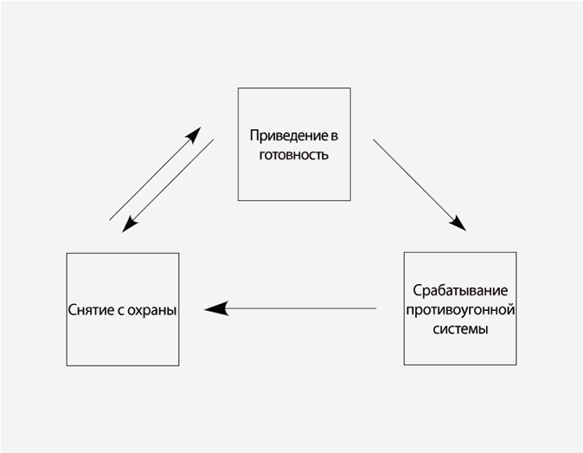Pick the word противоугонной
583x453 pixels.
(460, 309)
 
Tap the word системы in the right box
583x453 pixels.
(460, 329)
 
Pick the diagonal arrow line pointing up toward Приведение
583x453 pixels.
(151, 178)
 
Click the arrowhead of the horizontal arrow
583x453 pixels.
(215, 308)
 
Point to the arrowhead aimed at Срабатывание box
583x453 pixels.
(458, 223)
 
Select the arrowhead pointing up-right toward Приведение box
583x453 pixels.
(194, 134)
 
